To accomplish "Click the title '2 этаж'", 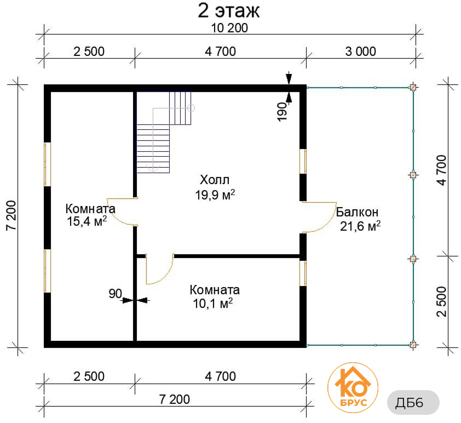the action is coord(229,11).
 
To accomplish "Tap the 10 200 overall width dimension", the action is coord(229,28).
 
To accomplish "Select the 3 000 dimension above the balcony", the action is coord(360,52).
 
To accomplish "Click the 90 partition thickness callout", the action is coord(115,294).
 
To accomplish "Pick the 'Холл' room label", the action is coord(215,180).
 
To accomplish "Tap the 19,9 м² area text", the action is coord(215,195).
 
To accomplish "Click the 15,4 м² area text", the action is coord(87,221).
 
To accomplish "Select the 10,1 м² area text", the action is coord(212,303).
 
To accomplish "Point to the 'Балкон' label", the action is coord(357,212).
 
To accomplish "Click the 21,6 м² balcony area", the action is coord(360,226).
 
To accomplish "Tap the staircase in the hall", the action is coord(164,132).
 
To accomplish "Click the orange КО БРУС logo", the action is coord(353,388).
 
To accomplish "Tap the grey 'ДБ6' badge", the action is coord(413,402).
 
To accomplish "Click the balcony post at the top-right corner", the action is coord(413,87).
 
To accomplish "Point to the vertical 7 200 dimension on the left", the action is coord(11,216).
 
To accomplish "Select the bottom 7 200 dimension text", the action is coord(174,399).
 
